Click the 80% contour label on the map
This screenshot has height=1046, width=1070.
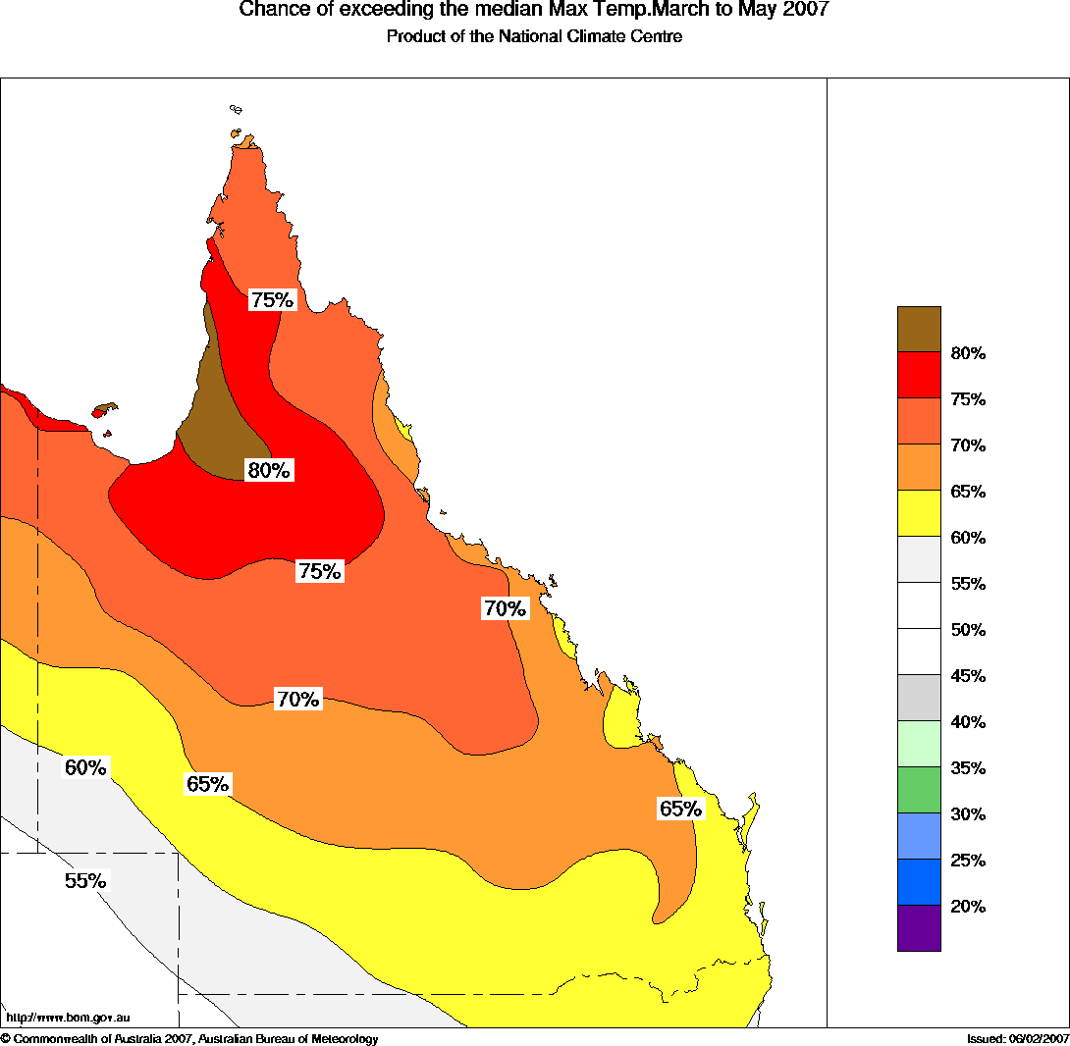point(269,471)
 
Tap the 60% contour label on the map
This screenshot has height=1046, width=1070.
point(85,768)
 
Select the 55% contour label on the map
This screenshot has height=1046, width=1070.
point(85,881)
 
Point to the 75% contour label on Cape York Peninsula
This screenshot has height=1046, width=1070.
point(272,300)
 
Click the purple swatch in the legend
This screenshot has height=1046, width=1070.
point(919,928)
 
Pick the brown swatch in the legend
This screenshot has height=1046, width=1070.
point(919,329)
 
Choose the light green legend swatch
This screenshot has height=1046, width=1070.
point(919,744)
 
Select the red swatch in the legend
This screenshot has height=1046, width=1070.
point(919,375)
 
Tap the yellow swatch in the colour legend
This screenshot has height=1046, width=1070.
point(919,513)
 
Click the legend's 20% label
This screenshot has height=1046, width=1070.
point(968,907)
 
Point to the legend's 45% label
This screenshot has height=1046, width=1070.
point(968,676)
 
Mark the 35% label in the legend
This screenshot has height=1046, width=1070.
point(968,768)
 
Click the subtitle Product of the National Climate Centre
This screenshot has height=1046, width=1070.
point(534,37)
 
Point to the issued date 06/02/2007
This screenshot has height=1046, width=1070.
point(1035,1039)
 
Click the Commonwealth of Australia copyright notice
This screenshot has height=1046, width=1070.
point(189,1039)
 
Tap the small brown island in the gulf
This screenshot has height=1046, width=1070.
point(104,410)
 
